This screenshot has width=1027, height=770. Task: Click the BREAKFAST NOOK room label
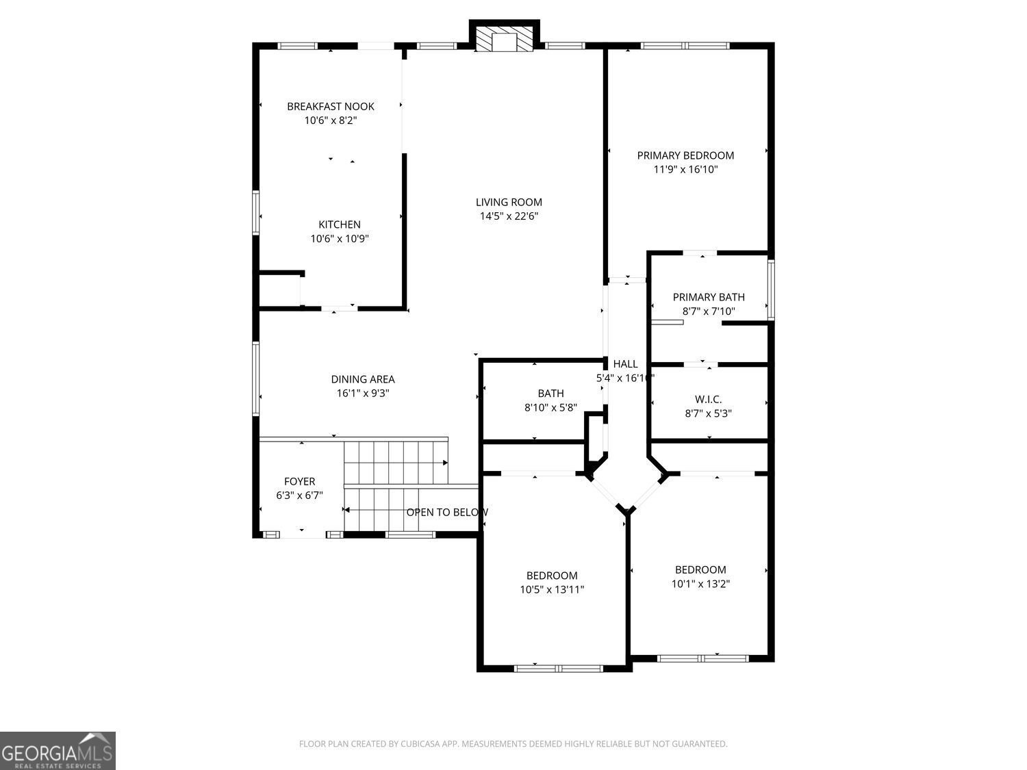(x=330, y=107)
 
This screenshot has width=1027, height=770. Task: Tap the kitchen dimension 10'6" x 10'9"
(x=340, y=239)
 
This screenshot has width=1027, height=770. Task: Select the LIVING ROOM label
(x=509, y=203)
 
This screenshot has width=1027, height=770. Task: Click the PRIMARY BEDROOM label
(x=685, y=155)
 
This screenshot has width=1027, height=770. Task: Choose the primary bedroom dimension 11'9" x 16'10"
(x=685, y=169)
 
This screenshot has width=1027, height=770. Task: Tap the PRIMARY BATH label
(x=709, y=297)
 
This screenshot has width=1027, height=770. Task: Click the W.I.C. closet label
(x=708, y=400)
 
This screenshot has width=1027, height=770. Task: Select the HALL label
(x=626, y=364)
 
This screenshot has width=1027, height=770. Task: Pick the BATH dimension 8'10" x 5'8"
(x=550, y=408)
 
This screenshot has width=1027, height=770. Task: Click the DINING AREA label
(x=363, y=380)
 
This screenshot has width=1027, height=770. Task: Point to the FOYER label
(x=299, y=482)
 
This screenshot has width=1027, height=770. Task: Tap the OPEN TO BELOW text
(x=447, y=513)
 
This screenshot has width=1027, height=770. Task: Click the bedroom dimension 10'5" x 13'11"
(x=552, y=590)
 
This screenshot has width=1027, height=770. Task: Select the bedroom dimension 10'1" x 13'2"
(x=700, y=584)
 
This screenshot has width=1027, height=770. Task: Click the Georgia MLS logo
(x=58, y=751)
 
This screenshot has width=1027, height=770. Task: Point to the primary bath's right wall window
(x=771, y=290)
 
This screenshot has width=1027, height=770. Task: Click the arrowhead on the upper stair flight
(x=446, y=463)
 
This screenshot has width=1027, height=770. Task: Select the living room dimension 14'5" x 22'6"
(x=509, y=216)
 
